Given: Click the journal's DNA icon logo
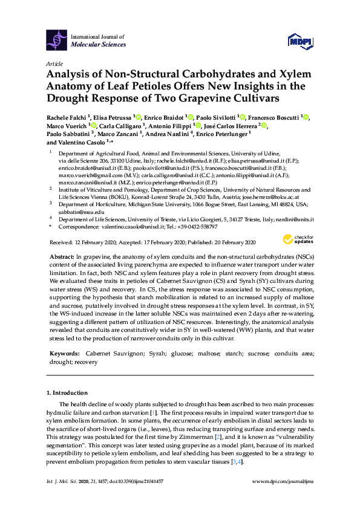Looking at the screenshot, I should [57, 40].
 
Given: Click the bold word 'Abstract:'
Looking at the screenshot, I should [62, 258].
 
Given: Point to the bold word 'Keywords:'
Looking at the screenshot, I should [64, 352].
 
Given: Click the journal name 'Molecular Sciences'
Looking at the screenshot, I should [99, 45].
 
